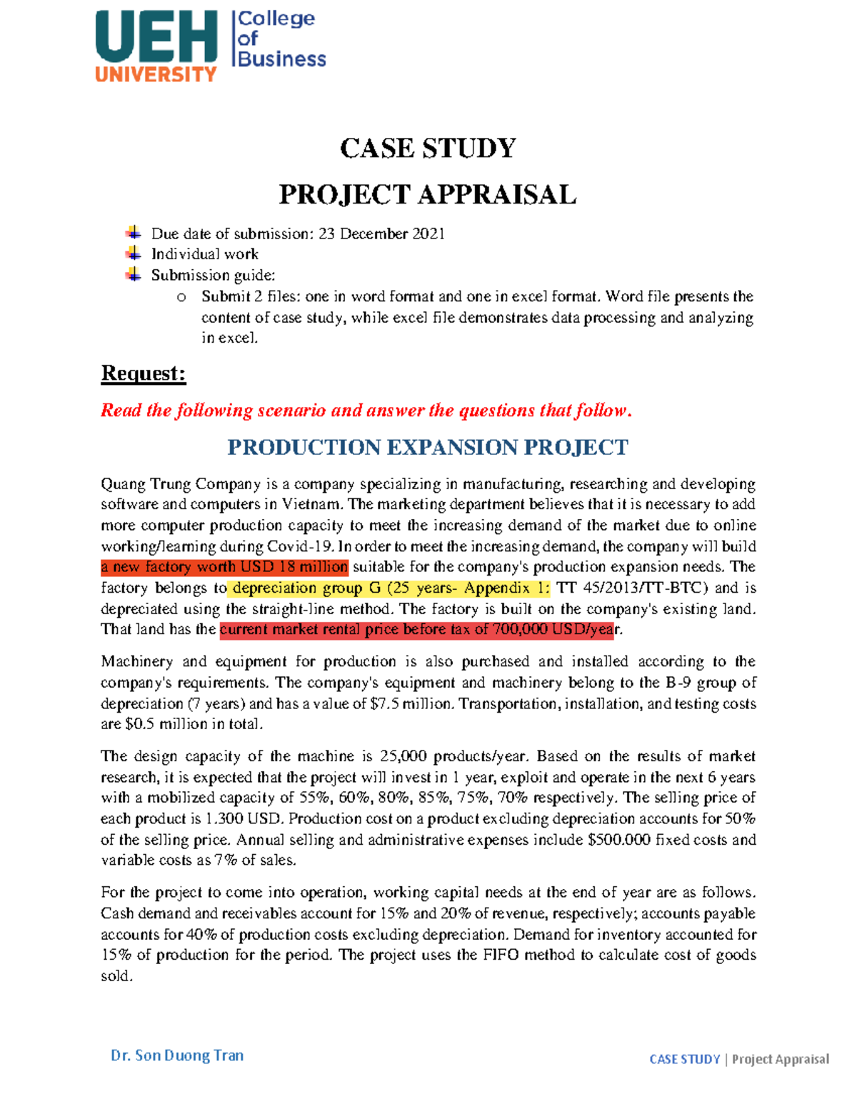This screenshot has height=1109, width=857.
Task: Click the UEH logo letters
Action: (x=156, y=37)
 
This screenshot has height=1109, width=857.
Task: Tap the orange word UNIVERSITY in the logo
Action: (x=156, y=74)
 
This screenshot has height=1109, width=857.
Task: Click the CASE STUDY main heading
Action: (x=428, y=149)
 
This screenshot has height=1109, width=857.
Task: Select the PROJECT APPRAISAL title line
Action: (x=427, y=194)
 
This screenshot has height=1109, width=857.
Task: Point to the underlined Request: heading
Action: (x=144, y=373)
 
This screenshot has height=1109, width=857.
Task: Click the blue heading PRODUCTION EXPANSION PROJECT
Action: (x=427, y=448)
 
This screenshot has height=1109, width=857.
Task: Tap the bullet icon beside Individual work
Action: (x=133, y=254)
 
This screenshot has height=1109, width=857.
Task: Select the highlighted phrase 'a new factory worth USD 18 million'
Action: (x=224, y=567)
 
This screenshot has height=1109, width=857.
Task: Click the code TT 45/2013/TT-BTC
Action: (x=633, y=588)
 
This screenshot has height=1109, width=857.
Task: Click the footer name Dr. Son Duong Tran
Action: (x=177, y=1055)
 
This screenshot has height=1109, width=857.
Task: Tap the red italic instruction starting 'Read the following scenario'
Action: (x=366, y=411)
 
